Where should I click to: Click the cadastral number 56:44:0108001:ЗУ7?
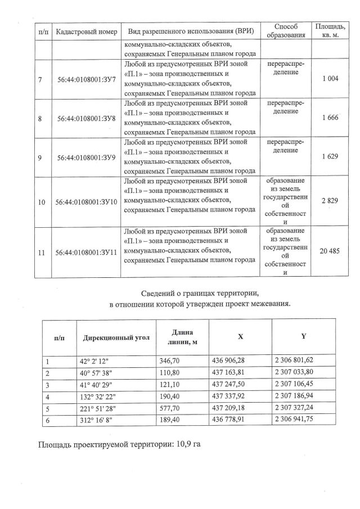point(87,79)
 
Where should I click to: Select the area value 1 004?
point(330,79)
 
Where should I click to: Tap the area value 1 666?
point(330,118)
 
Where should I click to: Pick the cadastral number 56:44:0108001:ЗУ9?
point(87,157)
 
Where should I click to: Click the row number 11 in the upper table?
point(42,252)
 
